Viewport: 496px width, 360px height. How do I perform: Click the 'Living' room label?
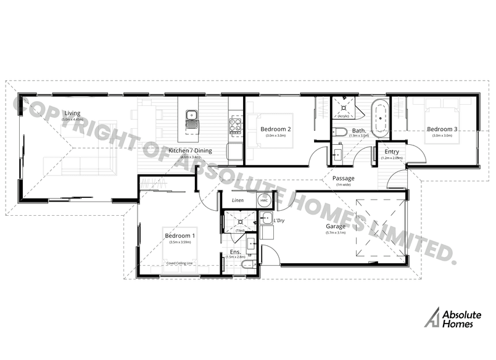(x=73, y=113)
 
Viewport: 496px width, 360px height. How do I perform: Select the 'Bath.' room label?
(x=359, y=130)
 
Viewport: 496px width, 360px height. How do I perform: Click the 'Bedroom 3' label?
(x=443, y=129)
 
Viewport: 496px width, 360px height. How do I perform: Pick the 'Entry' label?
(x=392, y=152)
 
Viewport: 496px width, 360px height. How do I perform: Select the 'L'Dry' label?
(x=278, y=221)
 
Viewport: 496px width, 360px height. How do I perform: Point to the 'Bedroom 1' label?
(x=180, y=235)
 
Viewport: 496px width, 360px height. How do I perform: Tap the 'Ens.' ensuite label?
(x=234, y=252)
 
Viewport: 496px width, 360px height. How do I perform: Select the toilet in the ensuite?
(x=247, y=264)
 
